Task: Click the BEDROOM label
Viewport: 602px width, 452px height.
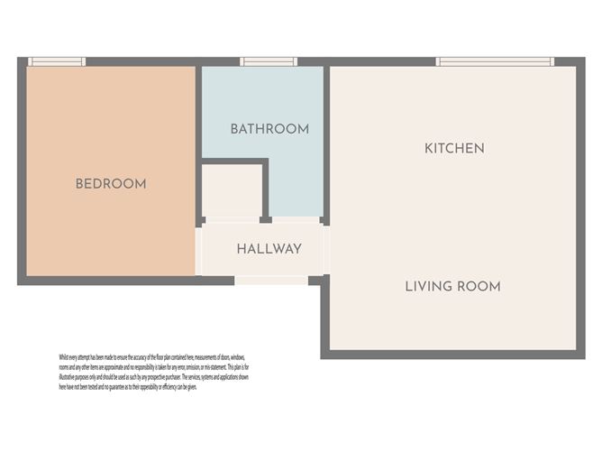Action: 110,184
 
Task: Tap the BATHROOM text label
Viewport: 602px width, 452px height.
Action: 269,129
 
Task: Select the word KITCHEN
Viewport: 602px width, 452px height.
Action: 454,148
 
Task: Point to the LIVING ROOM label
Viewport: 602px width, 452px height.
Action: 452,287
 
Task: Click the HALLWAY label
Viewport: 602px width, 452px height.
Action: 269,249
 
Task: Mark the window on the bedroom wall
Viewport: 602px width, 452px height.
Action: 57,61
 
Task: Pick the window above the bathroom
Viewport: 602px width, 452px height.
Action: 269,61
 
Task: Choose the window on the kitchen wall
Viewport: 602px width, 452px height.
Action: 495,61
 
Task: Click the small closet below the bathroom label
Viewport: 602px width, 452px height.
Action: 233,191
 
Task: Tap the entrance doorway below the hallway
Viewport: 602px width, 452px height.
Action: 271,281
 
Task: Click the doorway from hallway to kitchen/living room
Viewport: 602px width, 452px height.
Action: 326,250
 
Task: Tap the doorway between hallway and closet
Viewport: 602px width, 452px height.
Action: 233,219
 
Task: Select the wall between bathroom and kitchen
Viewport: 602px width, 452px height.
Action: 326,135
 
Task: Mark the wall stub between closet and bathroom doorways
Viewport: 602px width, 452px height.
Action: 265,218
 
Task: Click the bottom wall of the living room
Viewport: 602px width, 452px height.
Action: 451,354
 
